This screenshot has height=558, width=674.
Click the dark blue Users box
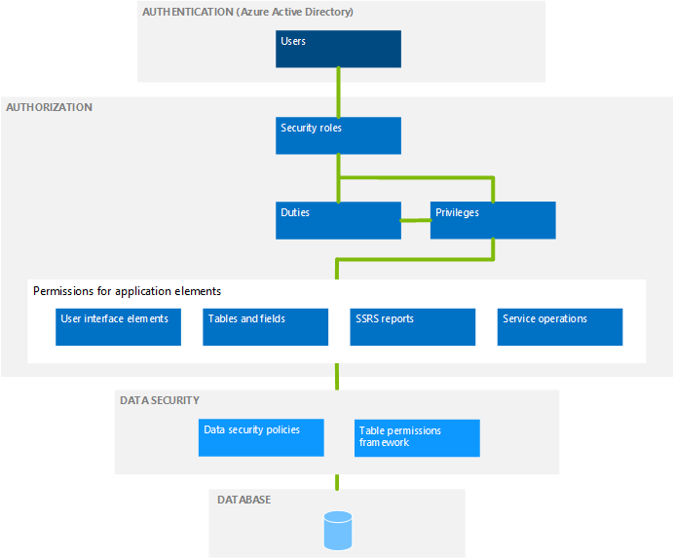tap(338, 49)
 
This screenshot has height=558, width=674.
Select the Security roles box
tap(338, 135)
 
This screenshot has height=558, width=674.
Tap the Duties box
tap(338, 220)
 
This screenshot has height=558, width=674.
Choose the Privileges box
tap(493, 220)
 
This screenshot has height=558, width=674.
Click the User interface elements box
tap(119, 327)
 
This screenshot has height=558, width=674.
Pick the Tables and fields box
tap(266, 327)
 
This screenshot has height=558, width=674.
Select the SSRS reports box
tap(413, 327)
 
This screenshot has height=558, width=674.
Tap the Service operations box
tap(560, 327)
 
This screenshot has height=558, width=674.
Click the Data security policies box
tap(261, 437)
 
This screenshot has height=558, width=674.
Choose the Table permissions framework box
tap(418, 437)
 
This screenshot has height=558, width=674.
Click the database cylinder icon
tap(337, 531)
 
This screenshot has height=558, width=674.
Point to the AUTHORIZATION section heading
tap(50, 107)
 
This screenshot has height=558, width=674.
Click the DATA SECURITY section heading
tap(160, 400)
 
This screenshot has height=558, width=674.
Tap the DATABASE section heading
tap(243, 500)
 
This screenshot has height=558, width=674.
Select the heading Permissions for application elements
tap(127, 291)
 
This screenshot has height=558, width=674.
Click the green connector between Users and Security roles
tap(338, 93)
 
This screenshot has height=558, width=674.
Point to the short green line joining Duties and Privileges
tap(416, 220)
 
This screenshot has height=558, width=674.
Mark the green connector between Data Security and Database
tap(338, 481)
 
